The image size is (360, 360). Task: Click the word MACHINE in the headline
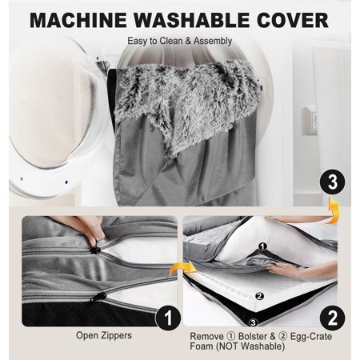click(x=78, y=20)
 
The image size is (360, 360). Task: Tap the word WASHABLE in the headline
click(x=191, y=20)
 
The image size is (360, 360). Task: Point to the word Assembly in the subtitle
click(x=213, y=41)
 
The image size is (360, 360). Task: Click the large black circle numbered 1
click(x=168, y=318)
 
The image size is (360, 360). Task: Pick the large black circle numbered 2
click(x=332, y=318)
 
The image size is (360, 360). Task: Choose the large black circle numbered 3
click(x=333, y=183)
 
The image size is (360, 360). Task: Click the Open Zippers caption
click(x=104, y=335)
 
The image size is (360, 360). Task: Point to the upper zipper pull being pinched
click(x=95, y=250)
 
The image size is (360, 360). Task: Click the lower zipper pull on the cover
click(x=98, y=297)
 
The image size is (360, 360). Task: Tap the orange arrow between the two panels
click(x=183, y=268)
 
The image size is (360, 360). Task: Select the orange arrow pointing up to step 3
click(x=334, y=210)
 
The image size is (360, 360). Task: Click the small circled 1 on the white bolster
click(x=263, y=246)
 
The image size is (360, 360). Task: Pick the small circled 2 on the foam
click(x=259, y=296)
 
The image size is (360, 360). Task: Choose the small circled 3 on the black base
click(x=253, y=323)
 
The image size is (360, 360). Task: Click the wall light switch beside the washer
click(x=309, y=121)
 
